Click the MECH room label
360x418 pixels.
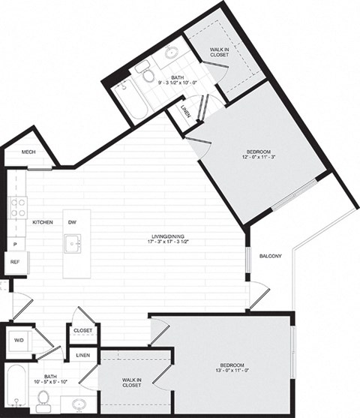pos(28,152)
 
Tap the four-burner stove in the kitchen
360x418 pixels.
pos(17,206)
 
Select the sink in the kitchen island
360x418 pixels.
pos(75,244)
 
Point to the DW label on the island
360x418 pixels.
pos(72,223)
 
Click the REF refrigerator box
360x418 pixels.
pos(14,262)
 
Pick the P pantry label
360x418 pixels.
pos(14,245)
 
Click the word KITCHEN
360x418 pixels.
pos(42,223)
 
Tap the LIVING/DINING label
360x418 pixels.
pos(166,239)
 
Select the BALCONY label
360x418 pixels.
pos(270,257)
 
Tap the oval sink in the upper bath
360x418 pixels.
pos(172,53)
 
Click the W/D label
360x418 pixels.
pos(19,340)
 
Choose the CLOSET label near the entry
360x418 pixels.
pos(82,330)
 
